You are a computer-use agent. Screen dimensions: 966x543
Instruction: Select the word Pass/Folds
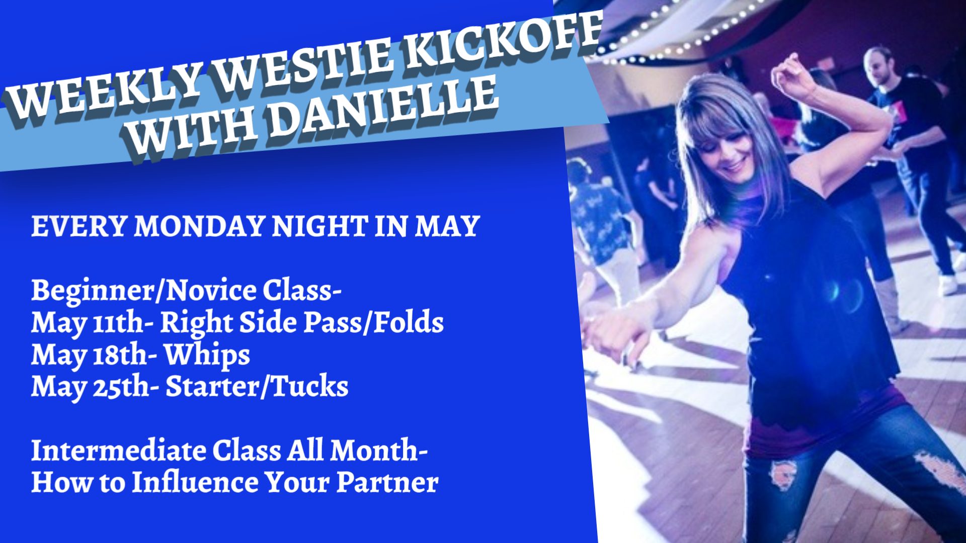(x=373, y=322)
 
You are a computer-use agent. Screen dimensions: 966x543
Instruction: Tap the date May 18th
(x=89, y=355)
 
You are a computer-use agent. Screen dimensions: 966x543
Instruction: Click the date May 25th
(x=90, y=387)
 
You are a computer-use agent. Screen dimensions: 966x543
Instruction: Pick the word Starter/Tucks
(x=257, y=386)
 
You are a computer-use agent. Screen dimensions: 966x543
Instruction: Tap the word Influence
(x=196, y=482)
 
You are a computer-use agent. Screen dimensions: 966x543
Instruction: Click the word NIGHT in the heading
(x=319, y=226)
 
